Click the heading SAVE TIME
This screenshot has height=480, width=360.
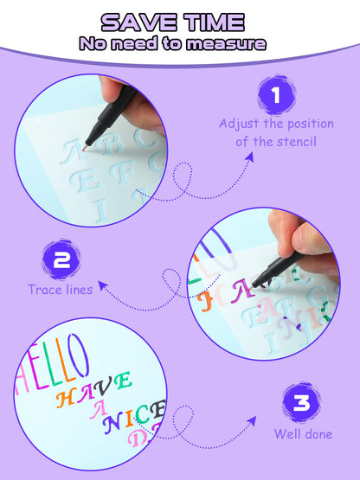(179, 22)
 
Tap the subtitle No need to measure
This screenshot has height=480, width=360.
(179, 43)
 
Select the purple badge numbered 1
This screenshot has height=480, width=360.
(276, 97)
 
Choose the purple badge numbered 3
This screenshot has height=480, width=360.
(299, 402)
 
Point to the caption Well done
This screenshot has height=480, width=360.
(303, 434)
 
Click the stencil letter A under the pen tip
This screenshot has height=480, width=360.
(76, 151)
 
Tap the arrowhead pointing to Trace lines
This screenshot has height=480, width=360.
(101, 281)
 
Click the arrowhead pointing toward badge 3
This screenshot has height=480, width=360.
(253, 419)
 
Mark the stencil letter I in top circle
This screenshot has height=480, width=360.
(100, 208)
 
